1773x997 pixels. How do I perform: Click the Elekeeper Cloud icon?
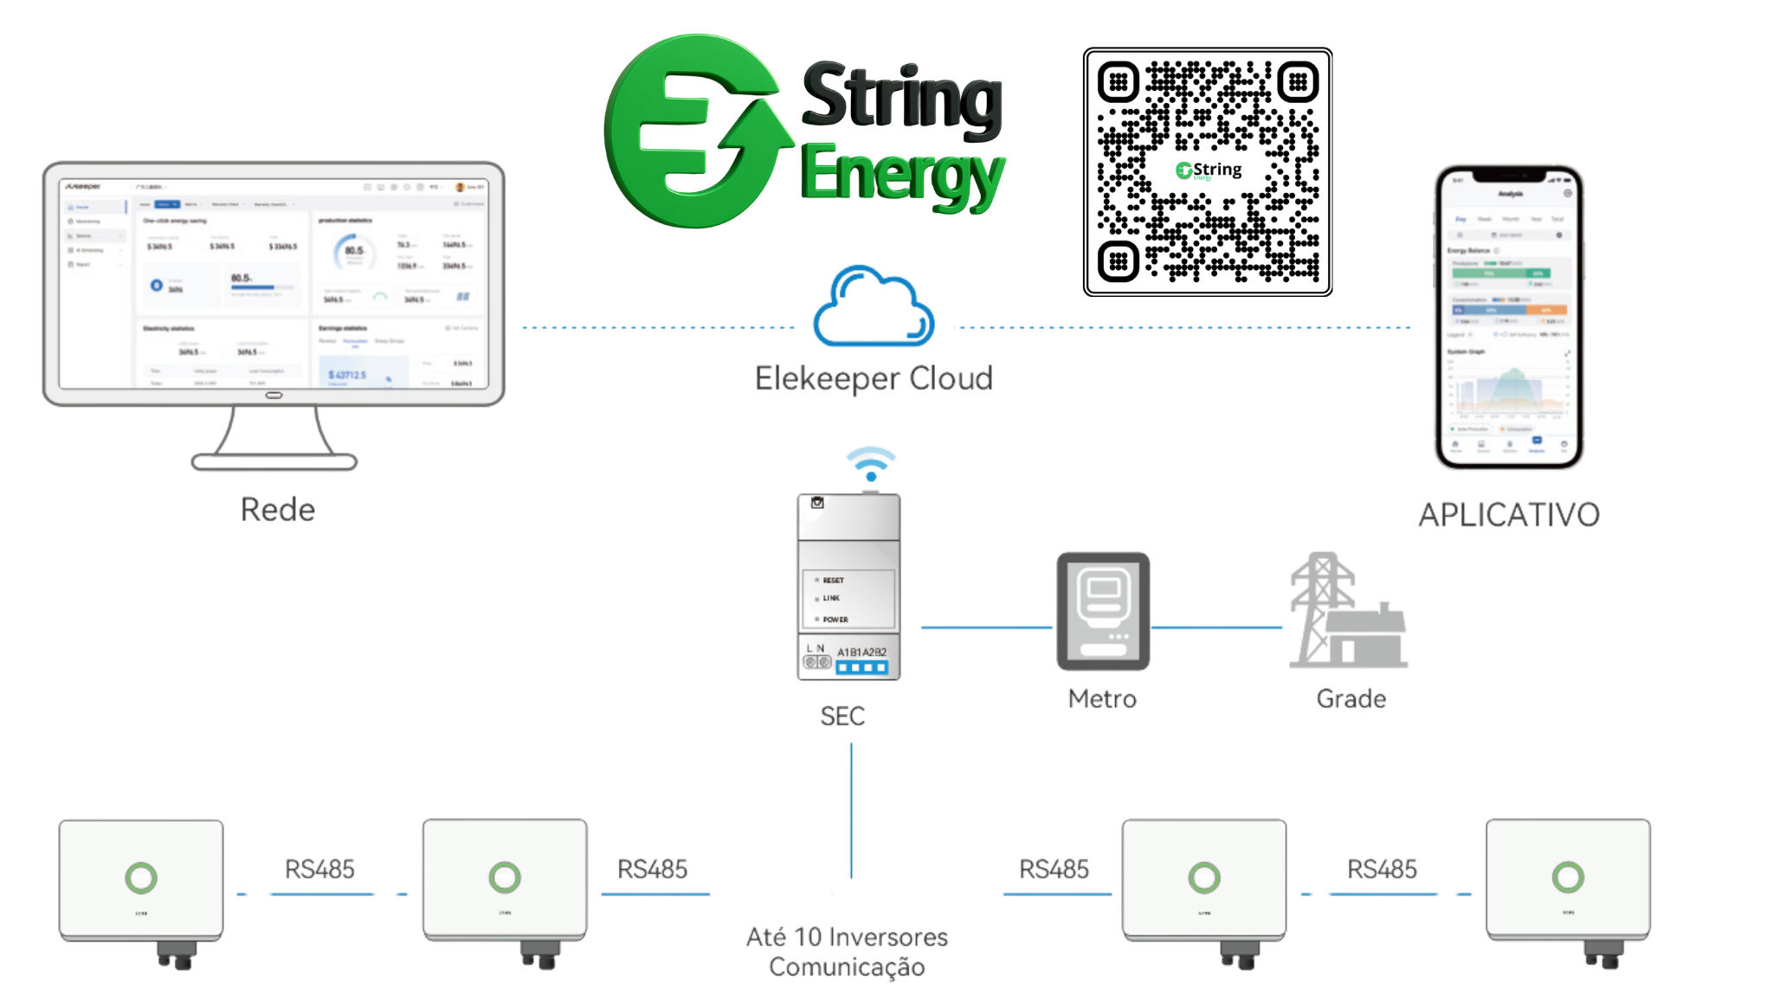874,306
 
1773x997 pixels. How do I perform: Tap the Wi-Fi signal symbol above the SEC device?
871,464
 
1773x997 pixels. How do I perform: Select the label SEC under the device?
842,716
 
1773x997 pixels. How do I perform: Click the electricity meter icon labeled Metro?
1103,611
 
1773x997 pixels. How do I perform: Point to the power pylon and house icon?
1346,613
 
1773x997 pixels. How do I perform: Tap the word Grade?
1351,698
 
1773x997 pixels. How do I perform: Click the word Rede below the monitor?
277,509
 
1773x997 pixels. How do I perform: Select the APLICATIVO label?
1509,515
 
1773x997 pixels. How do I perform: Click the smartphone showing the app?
1509,317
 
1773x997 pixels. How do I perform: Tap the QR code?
1207,172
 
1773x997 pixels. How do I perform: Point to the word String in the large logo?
902,97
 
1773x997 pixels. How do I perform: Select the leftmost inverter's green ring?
141,878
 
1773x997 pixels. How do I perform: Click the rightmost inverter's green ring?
1568,877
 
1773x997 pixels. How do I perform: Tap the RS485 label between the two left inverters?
319,868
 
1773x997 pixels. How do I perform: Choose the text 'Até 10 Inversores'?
847,936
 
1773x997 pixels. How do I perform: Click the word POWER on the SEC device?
835,620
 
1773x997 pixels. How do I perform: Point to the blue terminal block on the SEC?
861,667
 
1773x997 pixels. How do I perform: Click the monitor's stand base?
274,462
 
